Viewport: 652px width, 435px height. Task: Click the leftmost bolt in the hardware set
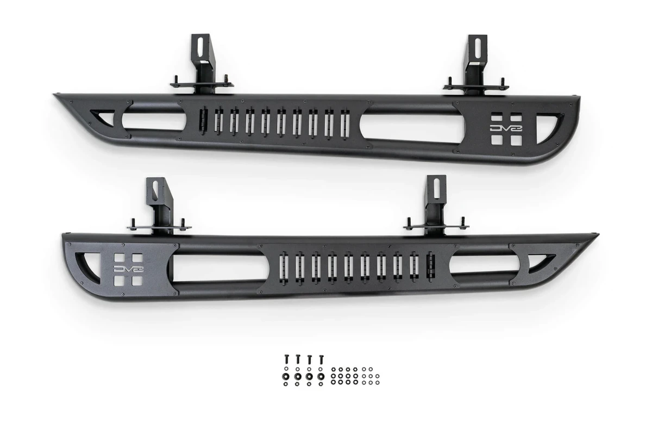pos(286,360)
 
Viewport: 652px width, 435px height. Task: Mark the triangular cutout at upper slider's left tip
pos(102,116)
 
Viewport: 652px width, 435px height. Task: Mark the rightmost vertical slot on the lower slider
pos(431,266)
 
